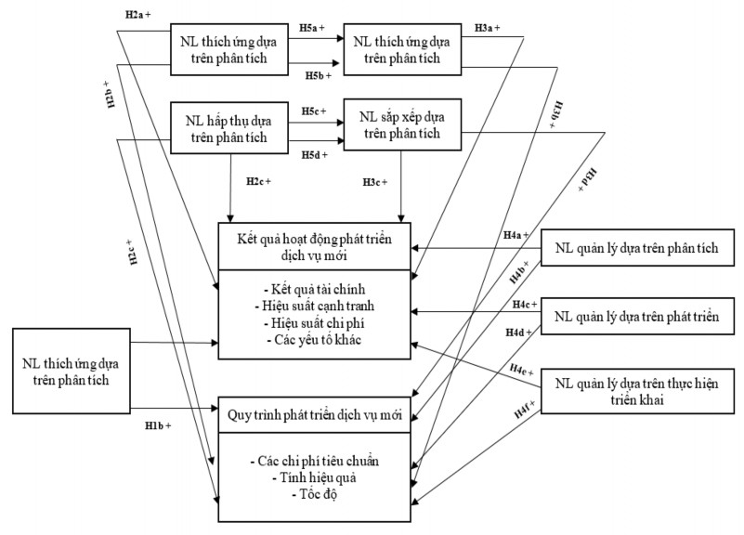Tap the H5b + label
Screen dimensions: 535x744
pos(320,74)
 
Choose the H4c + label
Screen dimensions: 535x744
pos(524,304)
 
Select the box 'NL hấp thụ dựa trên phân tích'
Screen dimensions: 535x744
pos(228,129)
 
